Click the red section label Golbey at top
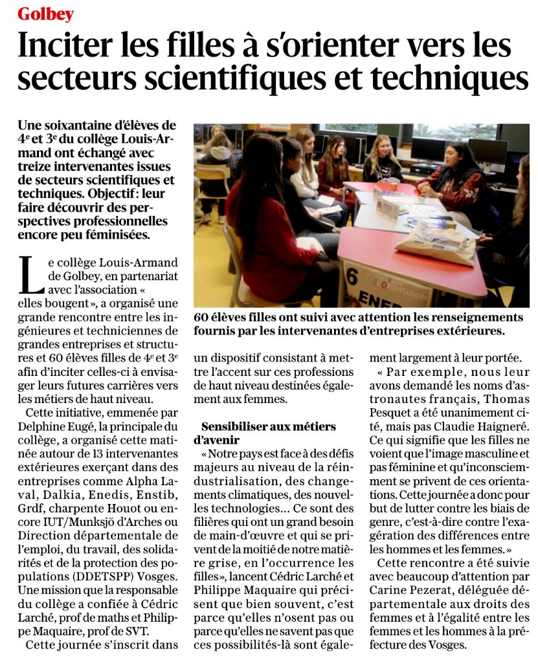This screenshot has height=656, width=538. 45,14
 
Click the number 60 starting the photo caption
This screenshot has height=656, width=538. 203,318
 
